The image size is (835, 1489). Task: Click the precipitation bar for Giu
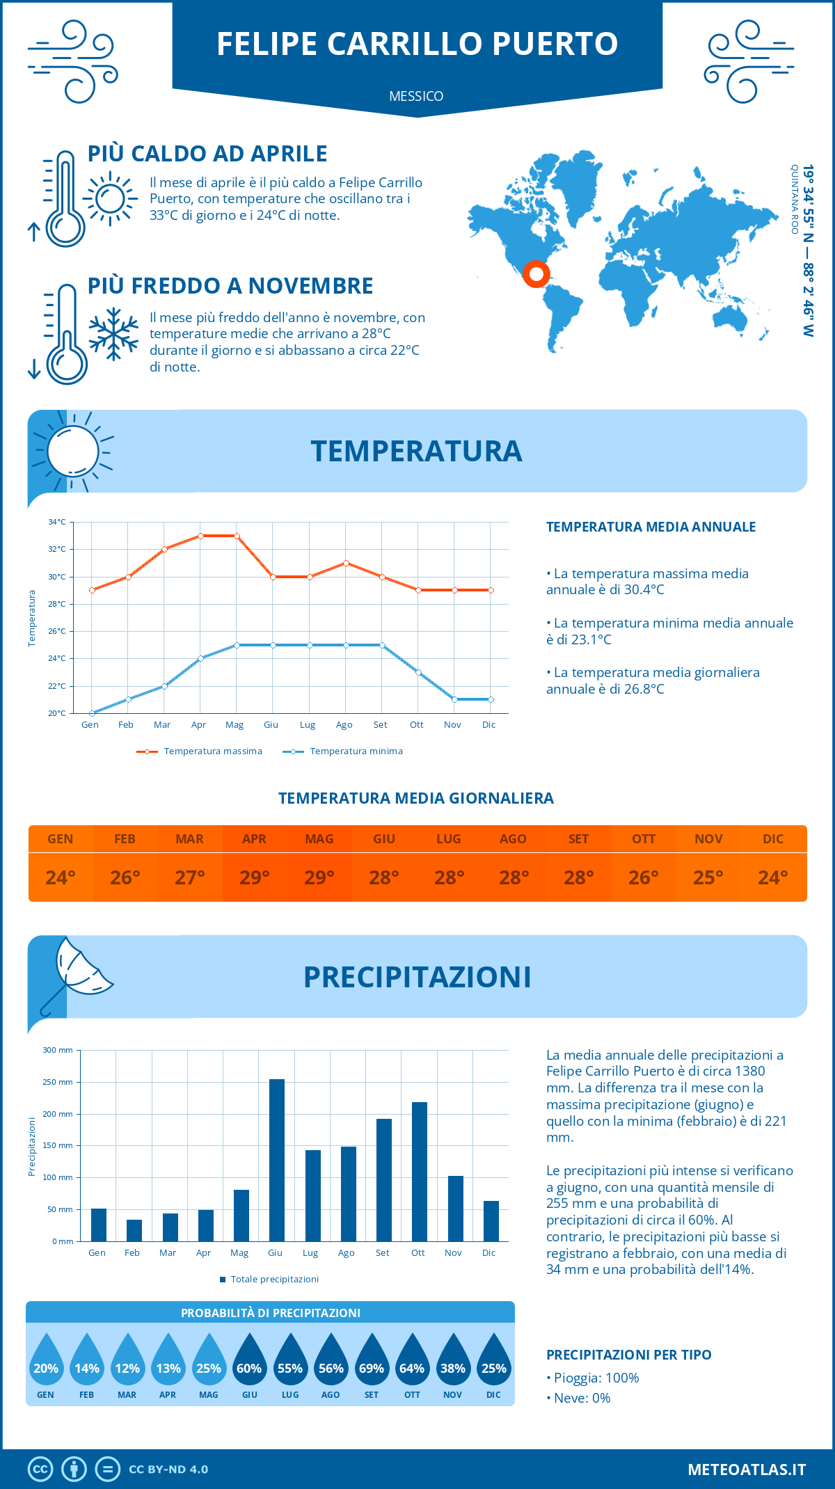point(277,1160)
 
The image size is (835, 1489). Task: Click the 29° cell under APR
point(255,877)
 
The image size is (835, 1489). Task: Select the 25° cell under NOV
point(708,877)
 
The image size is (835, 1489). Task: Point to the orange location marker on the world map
point(536,273)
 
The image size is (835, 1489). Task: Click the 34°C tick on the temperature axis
point(57,522)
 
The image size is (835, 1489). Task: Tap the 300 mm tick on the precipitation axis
point(58,1050)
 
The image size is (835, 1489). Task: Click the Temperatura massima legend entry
point(200,751)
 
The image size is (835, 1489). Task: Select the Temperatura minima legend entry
point(344,751)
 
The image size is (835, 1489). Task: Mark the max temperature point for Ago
point(346,563)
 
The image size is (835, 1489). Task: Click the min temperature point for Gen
point(92,713)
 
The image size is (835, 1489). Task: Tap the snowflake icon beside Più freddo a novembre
point(113,333)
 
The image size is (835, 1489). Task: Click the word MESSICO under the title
point(416,96)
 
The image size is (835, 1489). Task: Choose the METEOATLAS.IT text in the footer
point(747,1469)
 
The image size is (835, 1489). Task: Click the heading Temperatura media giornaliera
point(416,798)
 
